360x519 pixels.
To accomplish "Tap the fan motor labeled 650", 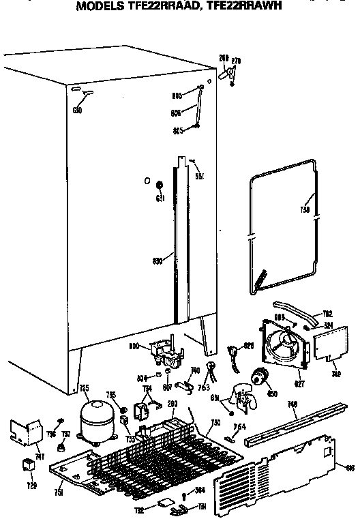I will pos(259,376).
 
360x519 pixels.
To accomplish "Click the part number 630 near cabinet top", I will pos(77,110).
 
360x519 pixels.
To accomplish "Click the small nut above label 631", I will pos(159,185).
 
